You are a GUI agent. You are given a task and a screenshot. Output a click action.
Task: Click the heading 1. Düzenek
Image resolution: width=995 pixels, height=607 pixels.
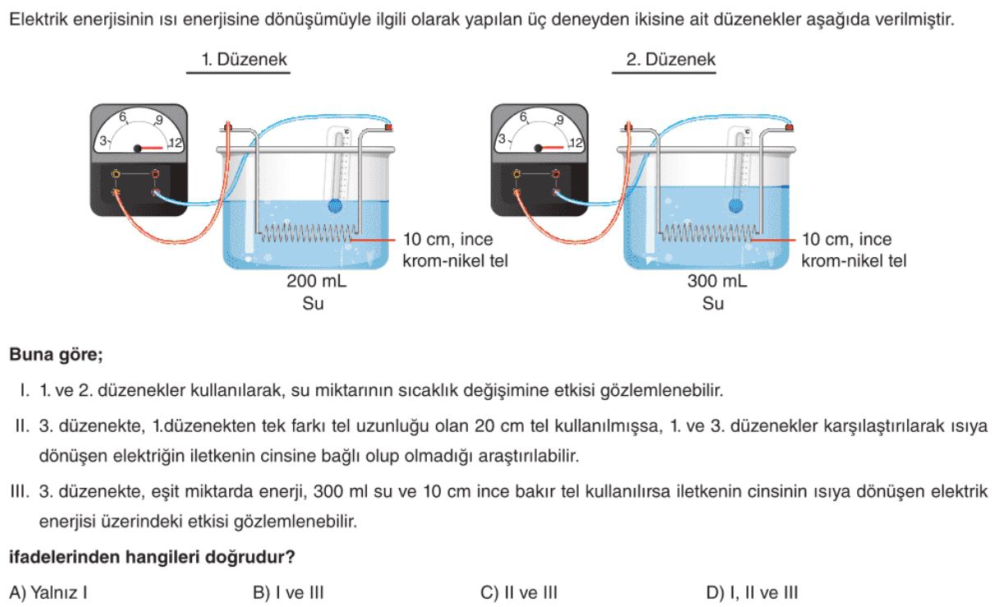(238, 60)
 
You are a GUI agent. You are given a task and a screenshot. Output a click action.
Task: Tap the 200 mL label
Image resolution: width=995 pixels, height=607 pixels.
(316, 282)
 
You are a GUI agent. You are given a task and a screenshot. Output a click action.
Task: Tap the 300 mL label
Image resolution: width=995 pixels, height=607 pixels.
(717, 282)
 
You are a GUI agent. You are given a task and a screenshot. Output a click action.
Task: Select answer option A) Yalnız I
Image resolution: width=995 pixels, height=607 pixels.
(48, 592)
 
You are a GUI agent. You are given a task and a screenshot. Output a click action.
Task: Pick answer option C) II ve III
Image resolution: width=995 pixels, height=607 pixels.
(520, 592)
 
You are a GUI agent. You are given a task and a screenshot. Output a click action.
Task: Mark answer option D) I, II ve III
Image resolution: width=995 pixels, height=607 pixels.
(752, 592)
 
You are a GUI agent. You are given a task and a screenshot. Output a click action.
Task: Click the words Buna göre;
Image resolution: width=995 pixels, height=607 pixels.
(56, 356)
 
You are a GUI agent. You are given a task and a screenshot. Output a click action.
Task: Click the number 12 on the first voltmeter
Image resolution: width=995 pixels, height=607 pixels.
(175, 145)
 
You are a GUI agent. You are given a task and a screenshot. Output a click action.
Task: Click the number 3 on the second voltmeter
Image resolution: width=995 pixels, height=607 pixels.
(501, 140)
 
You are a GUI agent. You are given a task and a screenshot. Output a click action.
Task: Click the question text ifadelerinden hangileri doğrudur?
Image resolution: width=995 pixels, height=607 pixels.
(152, 558)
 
